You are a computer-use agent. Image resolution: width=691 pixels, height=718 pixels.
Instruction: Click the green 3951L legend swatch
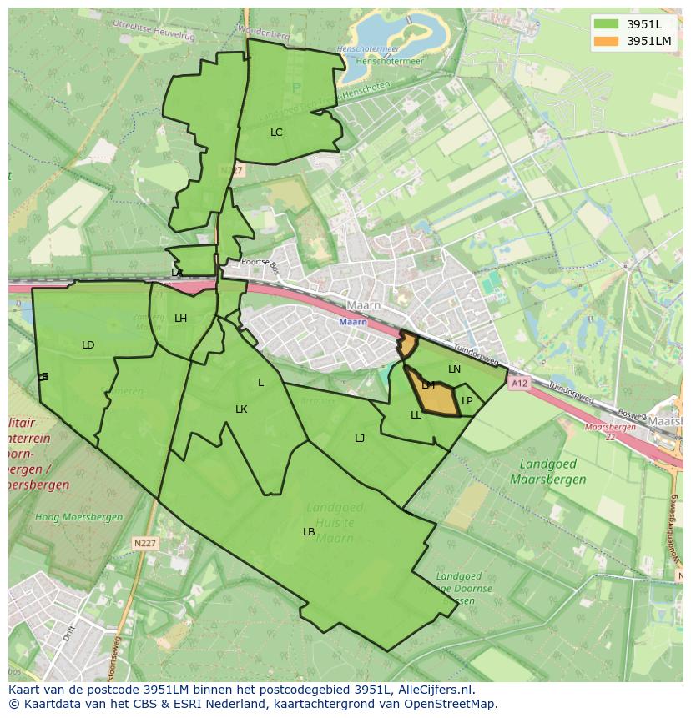607,24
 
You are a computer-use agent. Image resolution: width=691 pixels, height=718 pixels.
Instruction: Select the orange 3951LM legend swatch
607,41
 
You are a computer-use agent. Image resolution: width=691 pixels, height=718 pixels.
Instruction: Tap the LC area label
276,133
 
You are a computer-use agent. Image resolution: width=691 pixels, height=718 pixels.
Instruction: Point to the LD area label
88,345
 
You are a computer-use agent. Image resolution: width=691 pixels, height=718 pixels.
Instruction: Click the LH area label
180,319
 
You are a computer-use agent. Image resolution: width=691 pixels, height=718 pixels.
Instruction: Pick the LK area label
241,409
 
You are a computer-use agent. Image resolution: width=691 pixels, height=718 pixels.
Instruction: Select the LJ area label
360,439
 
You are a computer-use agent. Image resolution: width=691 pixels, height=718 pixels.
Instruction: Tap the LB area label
309,532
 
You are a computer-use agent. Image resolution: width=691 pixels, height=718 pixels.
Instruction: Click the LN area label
454,369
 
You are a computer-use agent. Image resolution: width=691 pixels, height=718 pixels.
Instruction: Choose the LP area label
467,401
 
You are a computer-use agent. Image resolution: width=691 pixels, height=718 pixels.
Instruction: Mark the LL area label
416,415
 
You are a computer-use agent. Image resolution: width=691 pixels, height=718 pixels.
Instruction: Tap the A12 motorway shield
519,384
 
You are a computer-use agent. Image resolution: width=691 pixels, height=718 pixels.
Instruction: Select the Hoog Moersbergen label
79,517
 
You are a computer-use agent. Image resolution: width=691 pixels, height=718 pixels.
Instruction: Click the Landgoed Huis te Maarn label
334,522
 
